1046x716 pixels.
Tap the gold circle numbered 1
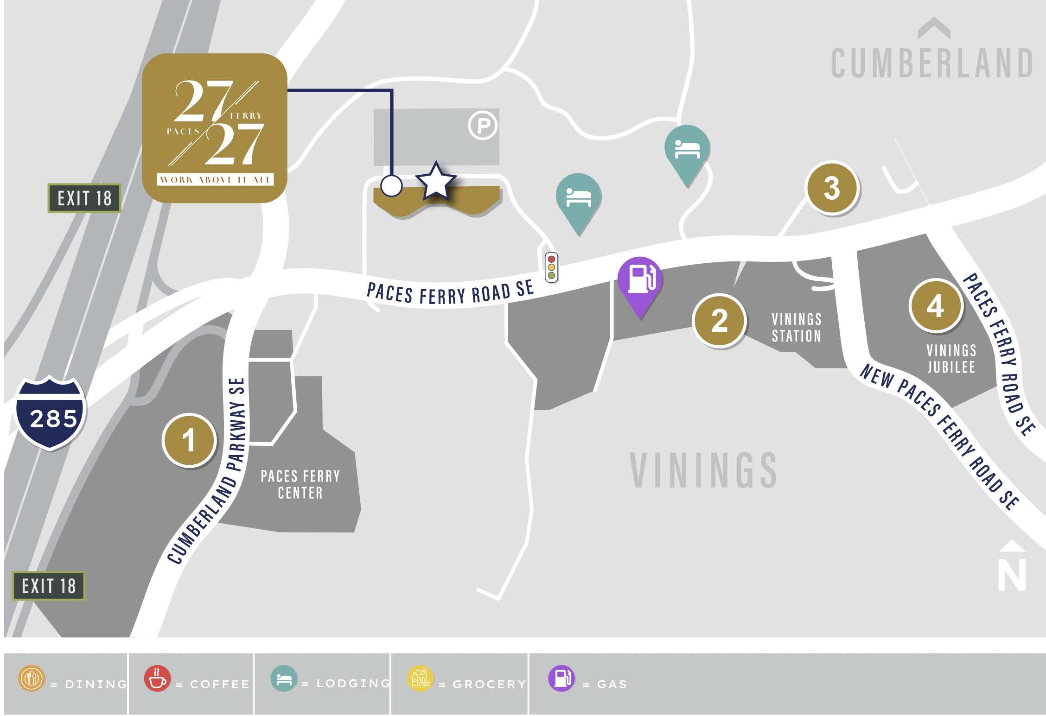(189, 440)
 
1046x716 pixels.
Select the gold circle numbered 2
(719, 320)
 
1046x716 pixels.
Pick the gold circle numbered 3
(832, 188)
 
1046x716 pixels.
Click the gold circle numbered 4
(935, 306)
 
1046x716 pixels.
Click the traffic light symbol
(551, 267)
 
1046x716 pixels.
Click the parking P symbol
(483, 125)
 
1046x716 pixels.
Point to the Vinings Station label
(796, 328)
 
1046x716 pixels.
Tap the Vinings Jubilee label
(951, 358)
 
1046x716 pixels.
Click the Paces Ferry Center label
(300, 484)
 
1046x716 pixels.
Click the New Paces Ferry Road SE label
(939, 436)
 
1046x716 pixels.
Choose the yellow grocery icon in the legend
(420, 678)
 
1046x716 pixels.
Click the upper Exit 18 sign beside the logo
(84, 198)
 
